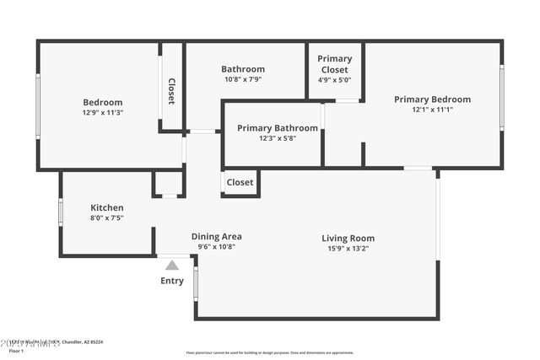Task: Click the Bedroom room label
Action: pyautogui.click(x=102, y=102)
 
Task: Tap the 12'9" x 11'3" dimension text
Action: pyautogui.click(x=102, y=113)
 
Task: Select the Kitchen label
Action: pyautogui.click(x=107, y=207)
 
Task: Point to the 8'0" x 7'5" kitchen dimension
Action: pyautogui.click(x=107, y=218)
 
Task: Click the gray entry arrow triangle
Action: pyautogui.click(x=172, y=265)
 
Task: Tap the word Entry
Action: pyautogui.click(x=172, y=281)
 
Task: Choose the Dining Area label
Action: pyautogui.click(x=216, y=236)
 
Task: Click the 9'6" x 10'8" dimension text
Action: pyautogui.click(x=216, y=247)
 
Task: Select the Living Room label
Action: pyautogui.click(x=348, y=238)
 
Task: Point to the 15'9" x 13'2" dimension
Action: pyautogui.click(x=348, y=249)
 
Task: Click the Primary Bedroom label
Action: pyautogui.click(x=432, y=99)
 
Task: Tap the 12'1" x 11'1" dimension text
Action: pyautogui.click(x=432, y=110)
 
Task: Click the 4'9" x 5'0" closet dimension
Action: pyautogui.click(x=335, y=81)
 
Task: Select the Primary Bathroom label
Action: pyautogui.click(x=277, y=128)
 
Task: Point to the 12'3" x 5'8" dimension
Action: pyautogui.click(x=277, y=139)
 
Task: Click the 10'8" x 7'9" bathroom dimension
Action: pyautogui.click(x=243, y=80)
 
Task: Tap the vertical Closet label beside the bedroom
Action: pyautogui.click(x=171, y=91)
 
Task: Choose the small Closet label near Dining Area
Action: pyautogui.click(x=240, y=182)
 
